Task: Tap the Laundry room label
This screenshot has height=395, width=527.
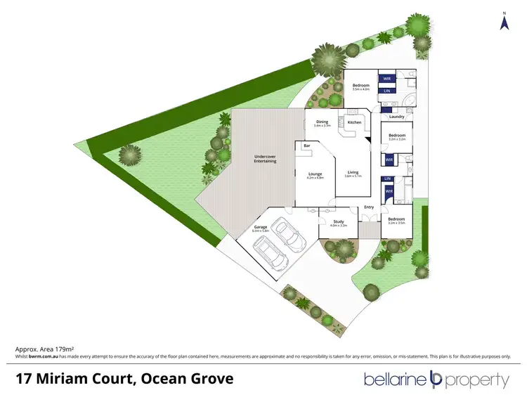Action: tap(396, 117)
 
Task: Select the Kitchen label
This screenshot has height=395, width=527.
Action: tap(354, 123)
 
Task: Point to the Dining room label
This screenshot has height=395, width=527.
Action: tap(323, 122)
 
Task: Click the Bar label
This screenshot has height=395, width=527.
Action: tap(306, 145)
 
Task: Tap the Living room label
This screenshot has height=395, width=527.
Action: tap(353, 172)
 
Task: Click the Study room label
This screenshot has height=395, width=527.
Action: tap(333, 221)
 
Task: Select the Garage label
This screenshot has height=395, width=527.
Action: tap(261, 228)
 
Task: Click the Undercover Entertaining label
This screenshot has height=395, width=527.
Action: tap(265, 159)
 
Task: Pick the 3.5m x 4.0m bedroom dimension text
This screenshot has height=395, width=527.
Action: tap(360, 90)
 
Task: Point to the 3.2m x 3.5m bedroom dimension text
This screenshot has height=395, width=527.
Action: tap(397, 224)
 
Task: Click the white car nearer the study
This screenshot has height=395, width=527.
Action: tap(290, 233)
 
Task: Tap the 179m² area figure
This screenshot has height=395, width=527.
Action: tap(65, 349)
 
